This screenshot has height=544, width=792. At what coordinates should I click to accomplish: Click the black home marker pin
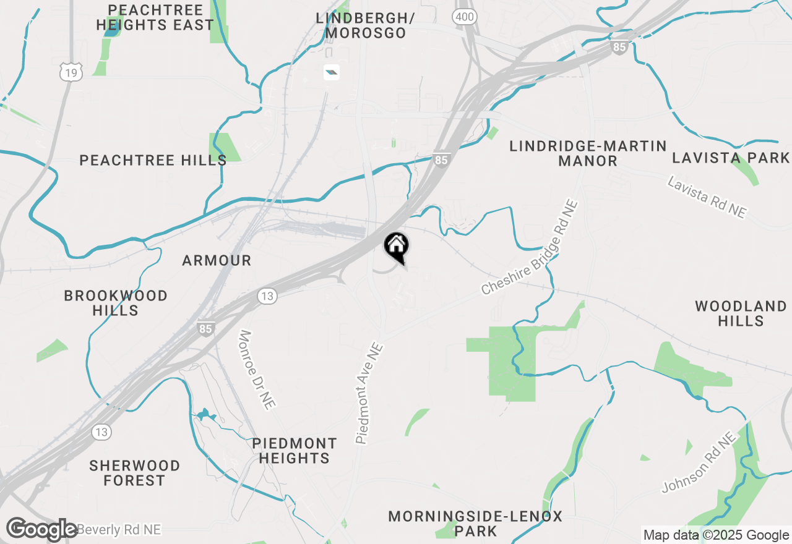(x=396, y=246)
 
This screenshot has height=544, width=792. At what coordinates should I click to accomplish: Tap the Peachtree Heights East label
(x=155, y=18)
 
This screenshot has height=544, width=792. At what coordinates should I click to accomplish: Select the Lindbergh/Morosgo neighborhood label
(x=365, y=25)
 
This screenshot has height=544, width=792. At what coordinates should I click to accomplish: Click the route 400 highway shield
(x=464, y=17)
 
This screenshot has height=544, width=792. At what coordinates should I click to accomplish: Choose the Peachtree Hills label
(x=153, y=161)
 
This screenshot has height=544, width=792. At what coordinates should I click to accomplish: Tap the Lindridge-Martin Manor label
(x=588, y=154)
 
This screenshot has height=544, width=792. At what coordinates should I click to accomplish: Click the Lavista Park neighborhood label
(x=731, y=158)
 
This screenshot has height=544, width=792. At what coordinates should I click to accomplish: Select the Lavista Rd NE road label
(x=707, y=196)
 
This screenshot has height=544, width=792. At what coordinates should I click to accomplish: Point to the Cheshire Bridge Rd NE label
(x=530, y=247)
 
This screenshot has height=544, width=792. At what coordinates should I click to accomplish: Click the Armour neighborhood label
(x=217, y=261)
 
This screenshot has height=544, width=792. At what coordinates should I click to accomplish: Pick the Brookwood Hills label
(x=116, y=303)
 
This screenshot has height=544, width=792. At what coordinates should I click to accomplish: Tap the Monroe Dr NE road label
(x=257, y=370)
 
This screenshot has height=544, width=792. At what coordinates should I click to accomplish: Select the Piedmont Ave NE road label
(x=370, y=393)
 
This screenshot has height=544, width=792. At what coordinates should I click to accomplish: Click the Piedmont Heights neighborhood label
(x=295, y=451)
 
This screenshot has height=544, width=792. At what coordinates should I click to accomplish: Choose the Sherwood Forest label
(x=134, y=473)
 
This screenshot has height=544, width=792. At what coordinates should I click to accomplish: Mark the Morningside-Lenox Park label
(x=475, y=524)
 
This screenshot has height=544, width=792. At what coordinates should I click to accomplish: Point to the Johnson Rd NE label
(x=699, y=462)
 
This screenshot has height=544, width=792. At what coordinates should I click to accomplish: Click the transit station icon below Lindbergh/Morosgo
(x=332, y=73)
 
